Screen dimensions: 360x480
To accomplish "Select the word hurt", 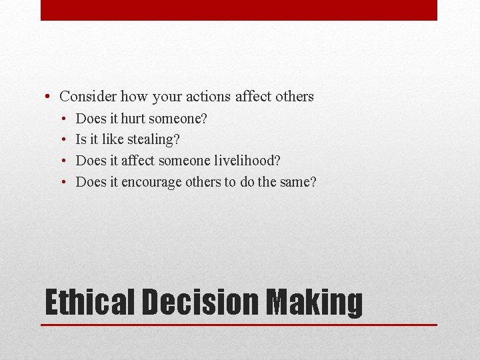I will pyautogui.click(x=133, y=119).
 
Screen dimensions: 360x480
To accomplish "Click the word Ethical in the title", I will pyautogui.click(x=89, y=302).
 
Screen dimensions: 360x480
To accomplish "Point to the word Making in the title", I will pyautogui.click(x=315, y=302).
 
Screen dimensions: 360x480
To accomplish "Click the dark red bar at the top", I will pyautogui.click(x=239, y=10).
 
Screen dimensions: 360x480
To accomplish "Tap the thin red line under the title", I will pyautogui.click(x=239, y=325).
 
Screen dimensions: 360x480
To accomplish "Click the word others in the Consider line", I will pyautogui.click(x=294, y=97).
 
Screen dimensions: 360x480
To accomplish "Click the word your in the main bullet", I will pyautogui.click(x=167, y=97).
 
